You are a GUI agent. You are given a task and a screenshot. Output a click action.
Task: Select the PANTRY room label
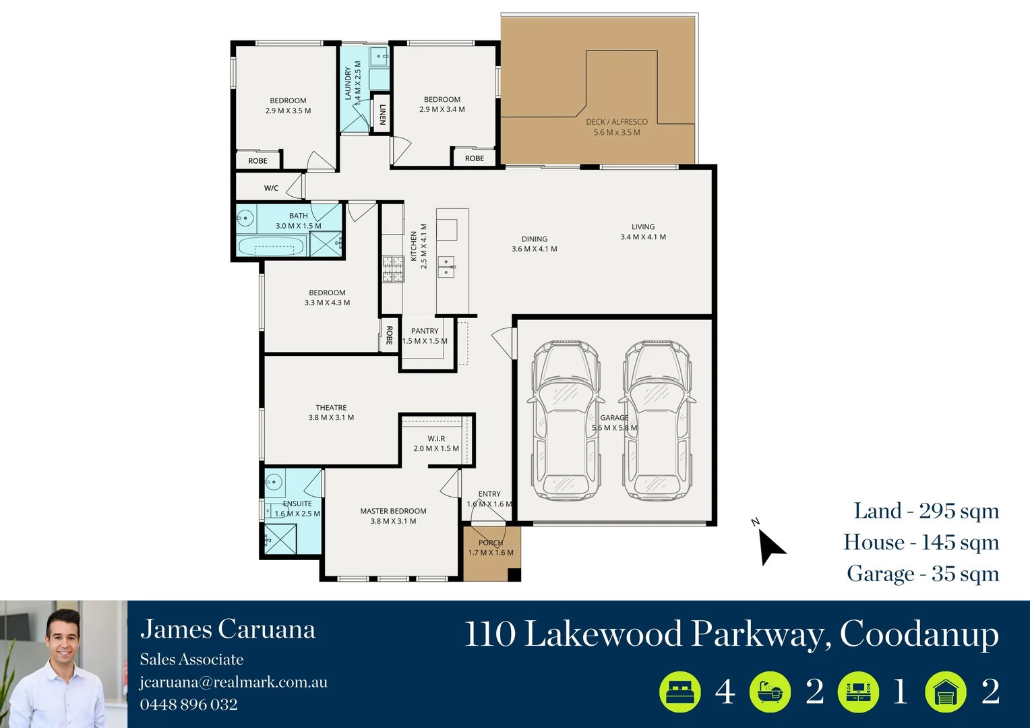(425, 331)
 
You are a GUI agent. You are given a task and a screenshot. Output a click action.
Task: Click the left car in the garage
(565, 421)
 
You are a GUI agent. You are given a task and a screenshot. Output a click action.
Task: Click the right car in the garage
(657, 421)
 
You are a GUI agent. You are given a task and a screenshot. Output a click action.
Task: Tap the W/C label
(271, 188)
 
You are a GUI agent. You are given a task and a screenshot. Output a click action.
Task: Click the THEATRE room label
(331, 408)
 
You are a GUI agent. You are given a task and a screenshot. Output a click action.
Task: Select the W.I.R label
(436, 439)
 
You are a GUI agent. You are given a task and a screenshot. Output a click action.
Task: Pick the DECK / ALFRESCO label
(617, 122)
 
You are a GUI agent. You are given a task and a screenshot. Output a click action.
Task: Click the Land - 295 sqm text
(926, 511)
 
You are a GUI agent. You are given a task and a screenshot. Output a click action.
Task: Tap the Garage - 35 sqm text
(922, 574)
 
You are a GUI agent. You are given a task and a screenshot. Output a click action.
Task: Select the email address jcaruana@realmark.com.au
(233, 682)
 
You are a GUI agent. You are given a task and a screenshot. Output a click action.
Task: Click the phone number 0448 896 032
(189, 704)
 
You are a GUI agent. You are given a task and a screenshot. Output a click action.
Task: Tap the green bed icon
(679, 692)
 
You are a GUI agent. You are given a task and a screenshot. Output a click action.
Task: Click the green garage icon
(946, 692)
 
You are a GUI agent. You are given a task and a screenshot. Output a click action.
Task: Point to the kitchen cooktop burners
(393, 269)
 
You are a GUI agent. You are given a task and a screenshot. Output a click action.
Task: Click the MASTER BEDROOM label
(393, 511)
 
